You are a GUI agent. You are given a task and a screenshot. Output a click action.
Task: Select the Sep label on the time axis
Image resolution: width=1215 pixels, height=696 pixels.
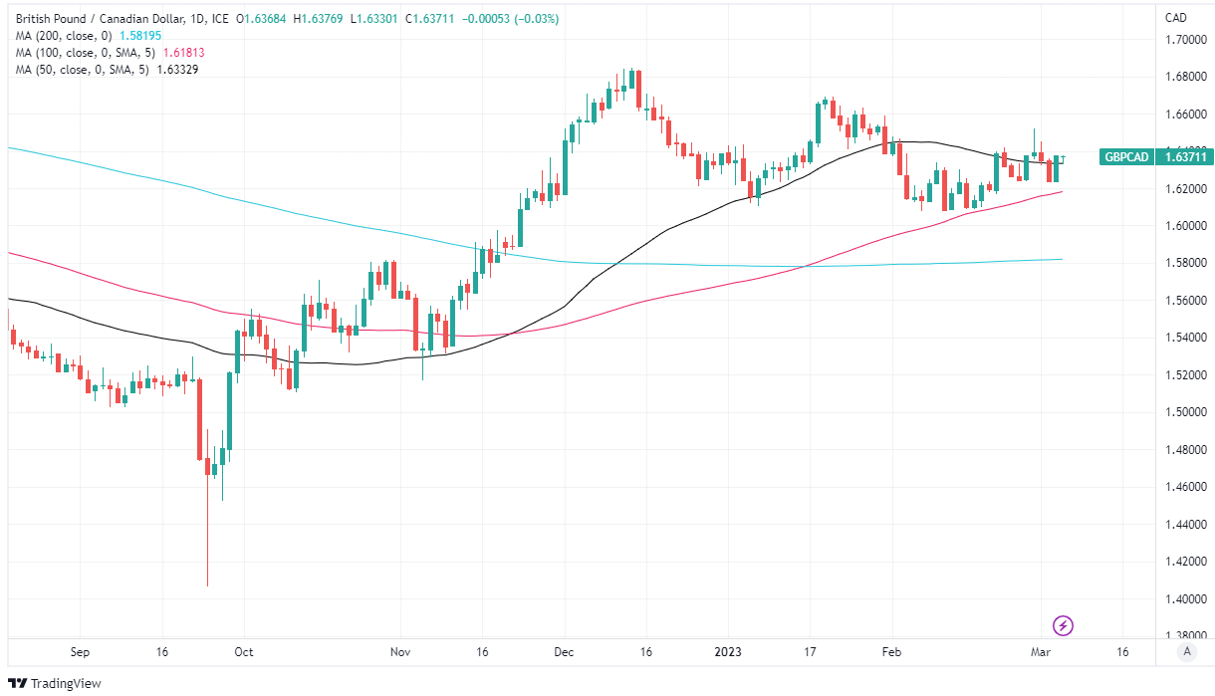(x=81, y=652)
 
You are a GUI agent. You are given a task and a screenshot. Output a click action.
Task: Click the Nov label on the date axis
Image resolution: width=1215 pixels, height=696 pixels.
(x=400, y=652)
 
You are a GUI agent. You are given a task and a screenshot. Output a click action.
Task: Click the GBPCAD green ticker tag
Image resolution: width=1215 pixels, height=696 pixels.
(x=1125, y=156)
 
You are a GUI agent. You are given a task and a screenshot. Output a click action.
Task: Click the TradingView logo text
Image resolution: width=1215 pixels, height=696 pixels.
(x=66, y=683)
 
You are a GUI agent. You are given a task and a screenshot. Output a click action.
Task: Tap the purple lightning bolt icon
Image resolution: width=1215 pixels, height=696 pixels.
(x=1064, y=625)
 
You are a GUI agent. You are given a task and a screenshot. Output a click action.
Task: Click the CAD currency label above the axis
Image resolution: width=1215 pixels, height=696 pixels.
(x=1176, y=18)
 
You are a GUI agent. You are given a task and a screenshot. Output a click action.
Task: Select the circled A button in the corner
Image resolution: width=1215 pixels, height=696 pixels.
(x=1185, y=652)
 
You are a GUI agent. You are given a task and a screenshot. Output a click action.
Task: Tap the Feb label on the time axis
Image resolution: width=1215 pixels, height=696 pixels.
(x=891, y=652)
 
